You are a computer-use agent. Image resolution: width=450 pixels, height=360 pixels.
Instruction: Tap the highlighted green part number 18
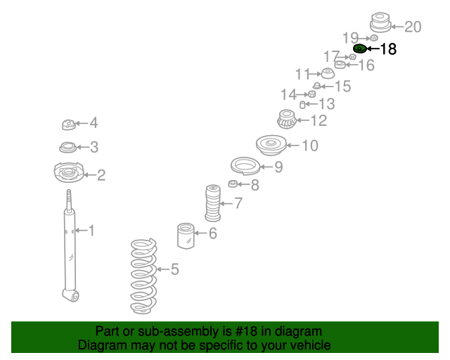coord(359,49)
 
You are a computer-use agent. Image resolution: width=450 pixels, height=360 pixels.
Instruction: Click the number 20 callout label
coord(413,27)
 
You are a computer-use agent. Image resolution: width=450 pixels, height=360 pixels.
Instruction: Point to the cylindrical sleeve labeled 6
coord(186,235)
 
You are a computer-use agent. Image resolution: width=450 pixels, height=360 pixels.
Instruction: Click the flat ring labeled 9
coord(244,167)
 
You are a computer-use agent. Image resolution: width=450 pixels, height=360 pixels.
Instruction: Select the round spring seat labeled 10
coord(270,146)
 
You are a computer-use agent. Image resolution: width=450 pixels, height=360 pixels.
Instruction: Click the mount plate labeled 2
coord(68,173)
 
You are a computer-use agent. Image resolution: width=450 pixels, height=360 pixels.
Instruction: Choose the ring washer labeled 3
coord(68,148)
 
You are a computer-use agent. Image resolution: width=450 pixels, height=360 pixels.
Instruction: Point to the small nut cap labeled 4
coord(68,125)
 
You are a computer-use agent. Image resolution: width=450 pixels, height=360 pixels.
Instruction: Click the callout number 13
coord(326,104)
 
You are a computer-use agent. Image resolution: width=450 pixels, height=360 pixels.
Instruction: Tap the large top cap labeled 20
coord(380,23)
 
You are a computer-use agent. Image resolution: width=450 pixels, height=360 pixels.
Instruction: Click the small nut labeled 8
coord(233,184)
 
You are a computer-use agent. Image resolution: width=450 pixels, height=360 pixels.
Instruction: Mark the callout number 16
coord(366,65)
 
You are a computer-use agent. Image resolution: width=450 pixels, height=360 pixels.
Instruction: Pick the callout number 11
coord(302,74)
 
